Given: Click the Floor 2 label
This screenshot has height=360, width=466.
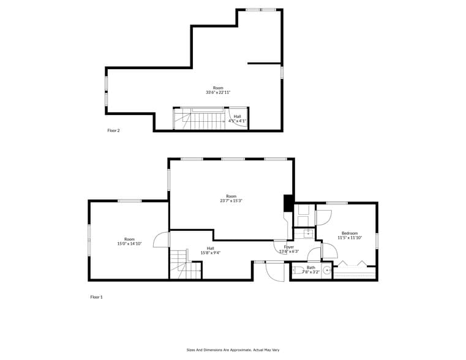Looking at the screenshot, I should point(113,130).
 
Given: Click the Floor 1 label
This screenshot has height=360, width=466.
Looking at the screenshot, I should point(96,297).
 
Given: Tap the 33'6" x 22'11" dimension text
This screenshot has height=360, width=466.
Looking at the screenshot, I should point(218,92).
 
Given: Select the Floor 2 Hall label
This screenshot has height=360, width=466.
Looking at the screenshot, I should point(237,116).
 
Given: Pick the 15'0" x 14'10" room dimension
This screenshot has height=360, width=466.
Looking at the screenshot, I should point(129,244).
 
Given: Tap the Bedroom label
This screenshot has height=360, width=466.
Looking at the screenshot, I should point(350,233).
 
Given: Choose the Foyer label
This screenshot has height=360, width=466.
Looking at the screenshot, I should point(289,247).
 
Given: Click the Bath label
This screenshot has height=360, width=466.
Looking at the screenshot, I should point(311,267).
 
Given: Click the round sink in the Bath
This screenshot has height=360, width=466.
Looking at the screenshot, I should point(327,270).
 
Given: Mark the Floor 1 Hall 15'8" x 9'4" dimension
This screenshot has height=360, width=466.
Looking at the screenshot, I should point(211,252).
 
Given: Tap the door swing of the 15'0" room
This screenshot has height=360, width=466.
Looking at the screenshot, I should point(161,239).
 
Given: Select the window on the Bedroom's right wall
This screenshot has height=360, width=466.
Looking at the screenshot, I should point(377,241).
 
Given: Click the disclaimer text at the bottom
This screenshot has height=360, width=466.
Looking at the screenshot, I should point(233,350).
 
